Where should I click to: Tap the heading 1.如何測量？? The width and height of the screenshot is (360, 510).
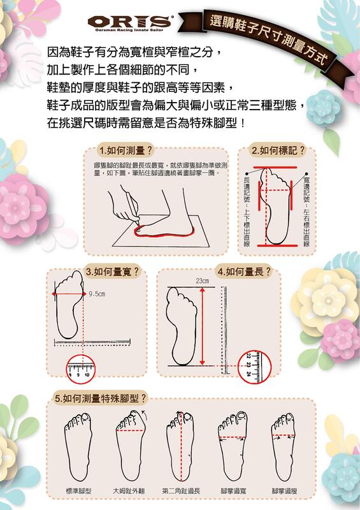(x=126, y=150)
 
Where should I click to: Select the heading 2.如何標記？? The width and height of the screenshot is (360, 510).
(x=278, y=150)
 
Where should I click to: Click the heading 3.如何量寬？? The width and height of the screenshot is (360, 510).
(x=112, y=271)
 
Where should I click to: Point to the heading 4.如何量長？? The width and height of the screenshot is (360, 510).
(x=244, y=271)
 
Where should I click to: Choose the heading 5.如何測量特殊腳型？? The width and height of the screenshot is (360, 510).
(x=101, y=398)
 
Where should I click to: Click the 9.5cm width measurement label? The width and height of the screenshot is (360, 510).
(x=97, y=294)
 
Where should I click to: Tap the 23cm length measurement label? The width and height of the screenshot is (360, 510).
(x=202, y=281)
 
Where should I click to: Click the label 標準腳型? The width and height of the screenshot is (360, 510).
(x=78, y=491)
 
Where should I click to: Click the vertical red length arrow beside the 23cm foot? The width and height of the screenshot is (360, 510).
(x=203, y=324)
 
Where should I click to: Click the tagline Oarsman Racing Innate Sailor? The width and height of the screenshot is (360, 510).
(x=129, y=29)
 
